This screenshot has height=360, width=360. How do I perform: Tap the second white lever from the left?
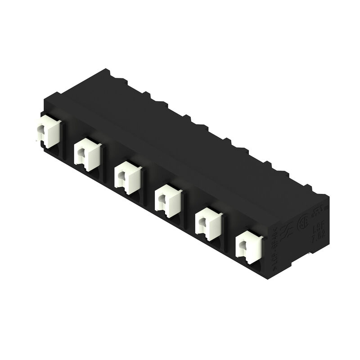86,153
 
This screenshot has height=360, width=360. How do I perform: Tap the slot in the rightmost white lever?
243,247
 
